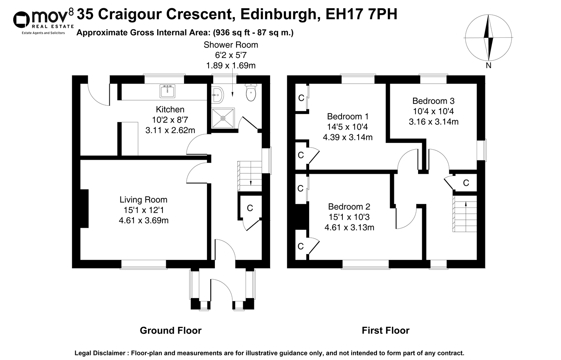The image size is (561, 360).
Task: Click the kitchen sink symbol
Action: click(168, 90)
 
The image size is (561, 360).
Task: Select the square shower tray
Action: click(223, 118)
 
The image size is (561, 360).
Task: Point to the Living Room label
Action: click(143, 200)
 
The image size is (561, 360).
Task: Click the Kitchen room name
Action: click(170, 110)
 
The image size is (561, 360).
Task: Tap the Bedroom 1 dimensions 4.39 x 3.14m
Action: click(347, 138)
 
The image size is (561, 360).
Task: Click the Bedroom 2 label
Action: click(349, 207)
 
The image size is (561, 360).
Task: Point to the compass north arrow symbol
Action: click(488, 40)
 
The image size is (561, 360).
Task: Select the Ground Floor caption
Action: click(170, 330)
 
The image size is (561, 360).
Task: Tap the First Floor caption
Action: click(385, 330)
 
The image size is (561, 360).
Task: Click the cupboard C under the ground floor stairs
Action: click(250, 208)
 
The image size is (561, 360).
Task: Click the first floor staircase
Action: click(465, 214)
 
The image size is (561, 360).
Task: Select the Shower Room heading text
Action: click(231, 44)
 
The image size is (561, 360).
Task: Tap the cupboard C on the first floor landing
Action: click(466, 183)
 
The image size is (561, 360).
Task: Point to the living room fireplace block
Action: click(84, 209)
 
